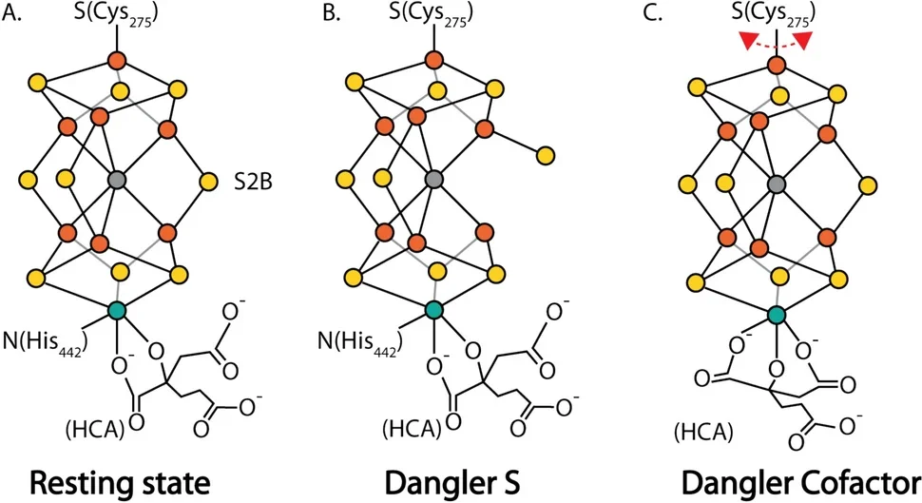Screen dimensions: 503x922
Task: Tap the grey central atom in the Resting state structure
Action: coord(117,179)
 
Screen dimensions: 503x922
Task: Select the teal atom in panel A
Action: coord(117,310)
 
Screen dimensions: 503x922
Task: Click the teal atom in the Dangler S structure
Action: coord(434,310)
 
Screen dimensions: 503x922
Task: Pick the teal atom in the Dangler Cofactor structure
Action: coord(777,315)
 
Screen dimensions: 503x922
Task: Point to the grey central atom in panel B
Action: coord(434,179)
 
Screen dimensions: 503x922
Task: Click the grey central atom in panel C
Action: coord(777,184)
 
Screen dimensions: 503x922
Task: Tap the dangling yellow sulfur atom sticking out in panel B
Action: coord(546,154)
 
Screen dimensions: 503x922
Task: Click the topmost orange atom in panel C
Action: coord(777,66)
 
